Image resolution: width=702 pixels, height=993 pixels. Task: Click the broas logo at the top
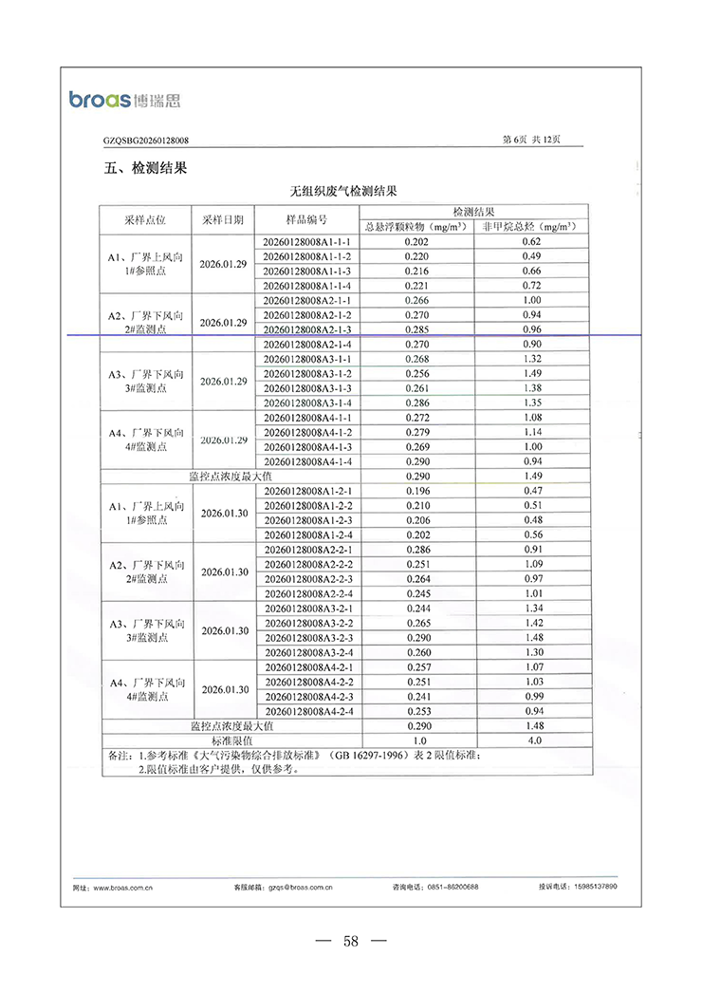(x=124, y=98)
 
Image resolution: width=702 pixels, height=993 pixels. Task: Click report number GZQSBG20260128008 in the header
(x=146, y=141)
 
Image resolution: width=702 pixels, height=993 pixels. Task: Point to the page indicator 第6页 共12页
(x=530, y=140)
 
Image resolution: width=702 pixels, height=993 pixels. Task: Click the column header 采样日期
(x=224, y=219)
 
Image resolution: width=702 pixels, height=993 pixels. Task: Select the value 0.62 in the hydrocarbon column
(x=531, y=243)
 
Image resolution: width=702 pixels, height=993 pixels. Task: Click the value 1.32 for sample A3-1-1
(x=531, y=360)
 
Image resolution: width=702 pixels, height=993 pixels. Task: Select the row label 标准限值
(x=231, y=740)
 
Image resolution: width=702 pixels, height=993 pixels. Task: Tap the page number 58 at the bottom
(x=351, y=942)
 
